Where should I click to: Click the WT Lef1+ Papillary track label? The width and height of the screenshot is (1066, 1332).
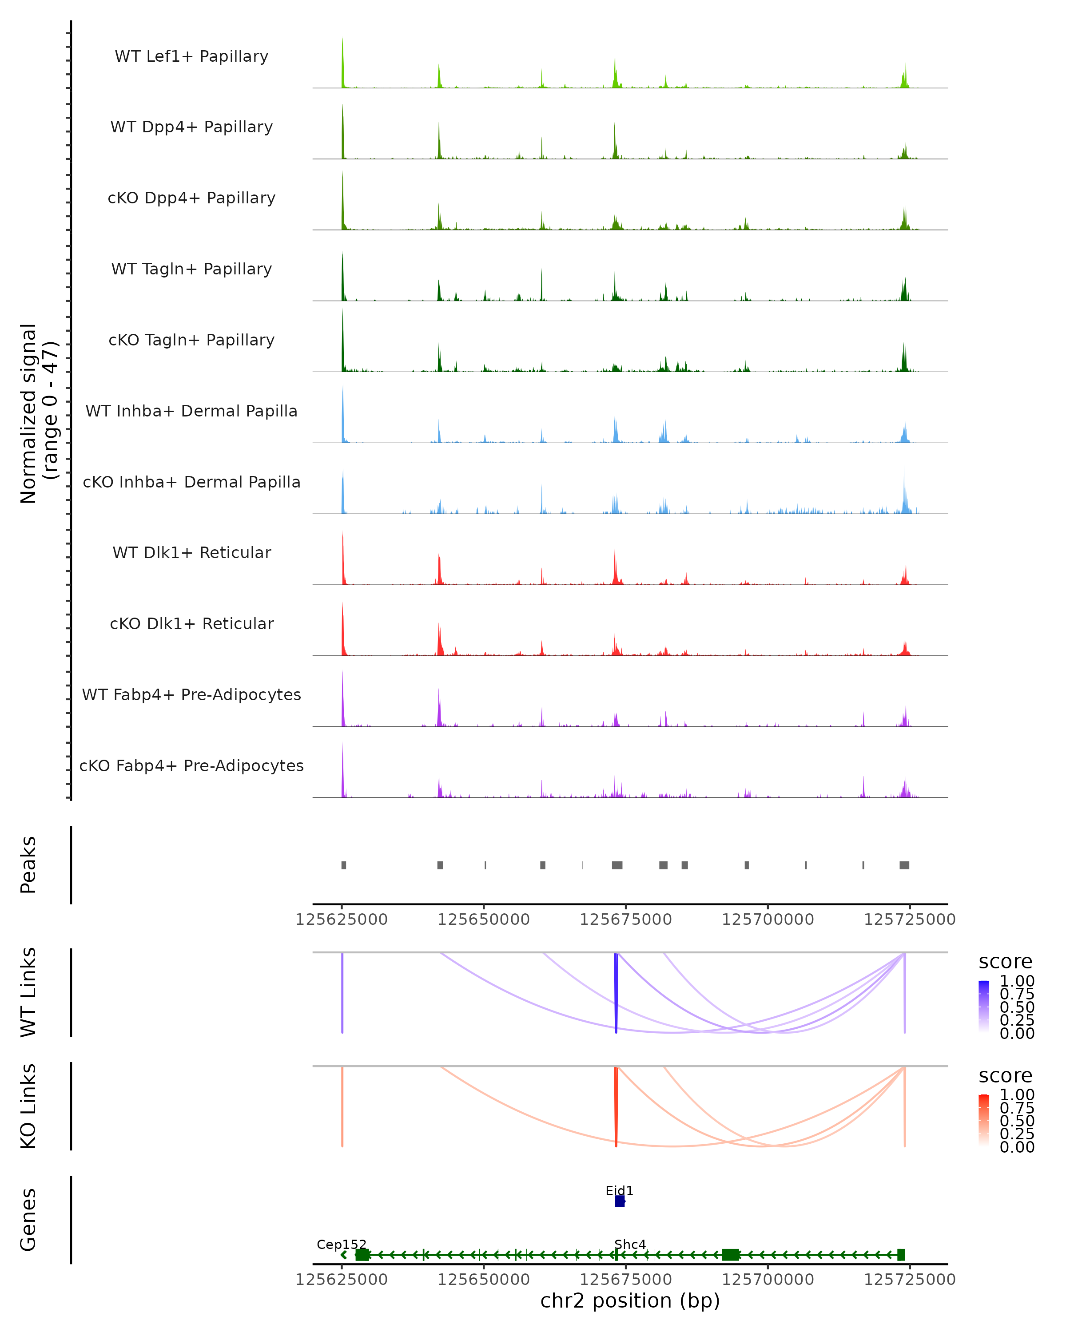191,56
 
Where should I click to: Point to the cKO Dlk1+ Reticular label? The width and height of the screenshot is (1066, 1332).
191,623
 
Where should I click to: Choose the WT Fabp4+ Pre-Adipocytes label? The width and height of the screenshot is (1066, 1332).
191,694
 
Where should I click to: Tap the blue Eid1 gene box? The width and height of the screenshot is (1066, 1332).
620,1201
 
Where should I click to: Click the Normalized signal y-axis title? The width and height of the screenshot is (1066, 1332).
38,413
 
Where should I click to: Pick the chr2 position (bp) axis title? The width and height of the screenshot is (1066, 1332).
630,1300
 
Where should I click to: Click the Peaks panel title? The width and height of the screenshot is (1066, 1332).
28,865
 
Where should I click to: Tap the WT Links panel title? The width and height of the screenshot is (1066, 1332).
28,991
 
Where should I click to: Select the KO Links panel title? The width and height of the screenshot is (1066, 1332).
28,1106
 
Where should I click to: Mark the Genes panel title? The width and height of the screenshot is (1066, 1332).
28,1220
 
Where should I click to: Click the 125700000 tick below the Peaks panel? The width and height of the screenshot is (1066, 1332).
768,920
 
